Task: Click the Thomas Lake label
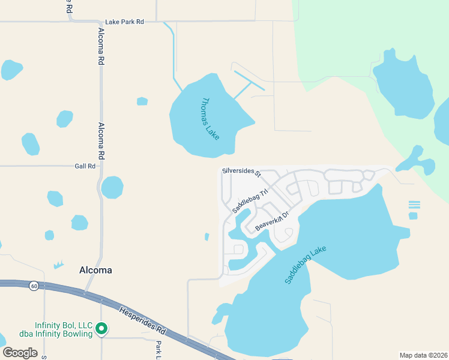coord(211,119)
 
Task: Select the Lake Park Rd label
coord(125,22)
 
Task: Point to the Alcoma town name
coord(95,270)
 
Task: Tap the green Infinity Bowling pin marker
coord(101,328)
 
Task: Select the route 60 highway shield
coord(34,286)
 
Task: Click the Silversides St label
coord(241,172)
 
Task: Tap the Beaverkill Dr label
coord(272,220)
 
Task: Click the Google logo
coord(20,352)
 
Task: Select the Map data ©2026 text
coord(423,355)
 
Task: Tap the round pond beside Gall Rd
coord(112,187)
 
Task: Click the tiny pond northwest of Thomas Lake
coord(142,101)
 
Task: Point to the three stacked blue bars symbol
coord(414,205)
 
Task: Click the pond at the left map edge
coord(10,70)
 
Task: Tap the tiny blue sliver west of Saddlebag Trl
coord(206,236)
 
